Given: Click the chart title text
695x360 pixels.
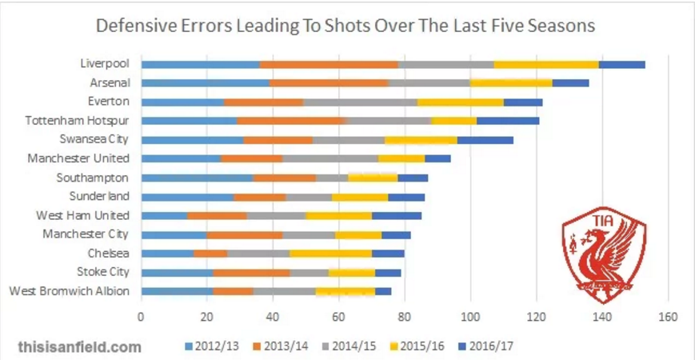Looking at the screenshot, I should [x=346, y=25].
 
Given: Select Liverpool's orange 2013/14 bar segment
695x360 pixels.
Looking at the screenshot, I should [x=329, y=64].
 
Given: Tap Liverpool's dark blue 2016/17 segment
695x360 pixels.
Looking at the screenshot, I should [x=621, y=64].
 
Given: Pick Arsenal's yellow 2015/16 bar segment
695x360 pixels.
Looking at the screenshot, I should [x=511, y=82].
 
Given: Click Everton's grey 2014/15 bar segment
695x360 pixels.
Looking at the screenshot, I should [x=360, y=102].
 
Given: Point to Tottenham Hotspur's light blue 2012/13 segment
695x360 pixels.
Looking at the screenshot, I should [x=189, y=121].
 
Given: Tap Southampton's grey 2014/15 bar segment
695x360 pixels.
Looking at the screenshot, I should [x=332, y=178].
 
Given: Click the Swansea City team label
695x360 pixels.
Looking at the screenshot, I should [x=95, y=140].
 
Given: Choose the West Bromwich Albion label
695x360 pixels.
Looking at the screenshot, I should [x=69, y=291].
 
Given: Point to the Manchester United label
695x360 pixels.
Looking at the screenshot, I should [x=79, y=158].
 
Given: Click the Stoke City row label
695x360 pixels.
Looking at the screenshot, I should [x=103, y=272].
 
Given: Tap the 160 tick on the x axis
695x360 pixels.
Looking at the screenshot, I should [x=668, y=316].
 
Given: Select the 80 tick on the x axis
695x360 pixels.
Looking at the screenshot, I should [x=404, y=316].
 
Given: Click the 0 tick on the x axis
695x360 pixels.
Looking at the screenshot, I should [x=141, y=316].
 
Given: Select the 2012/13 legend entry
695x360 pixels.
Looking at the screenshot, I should [x=213, y=348].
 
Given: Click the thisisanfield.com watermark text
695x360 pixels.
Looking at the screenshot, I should [x=79, y=347].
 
